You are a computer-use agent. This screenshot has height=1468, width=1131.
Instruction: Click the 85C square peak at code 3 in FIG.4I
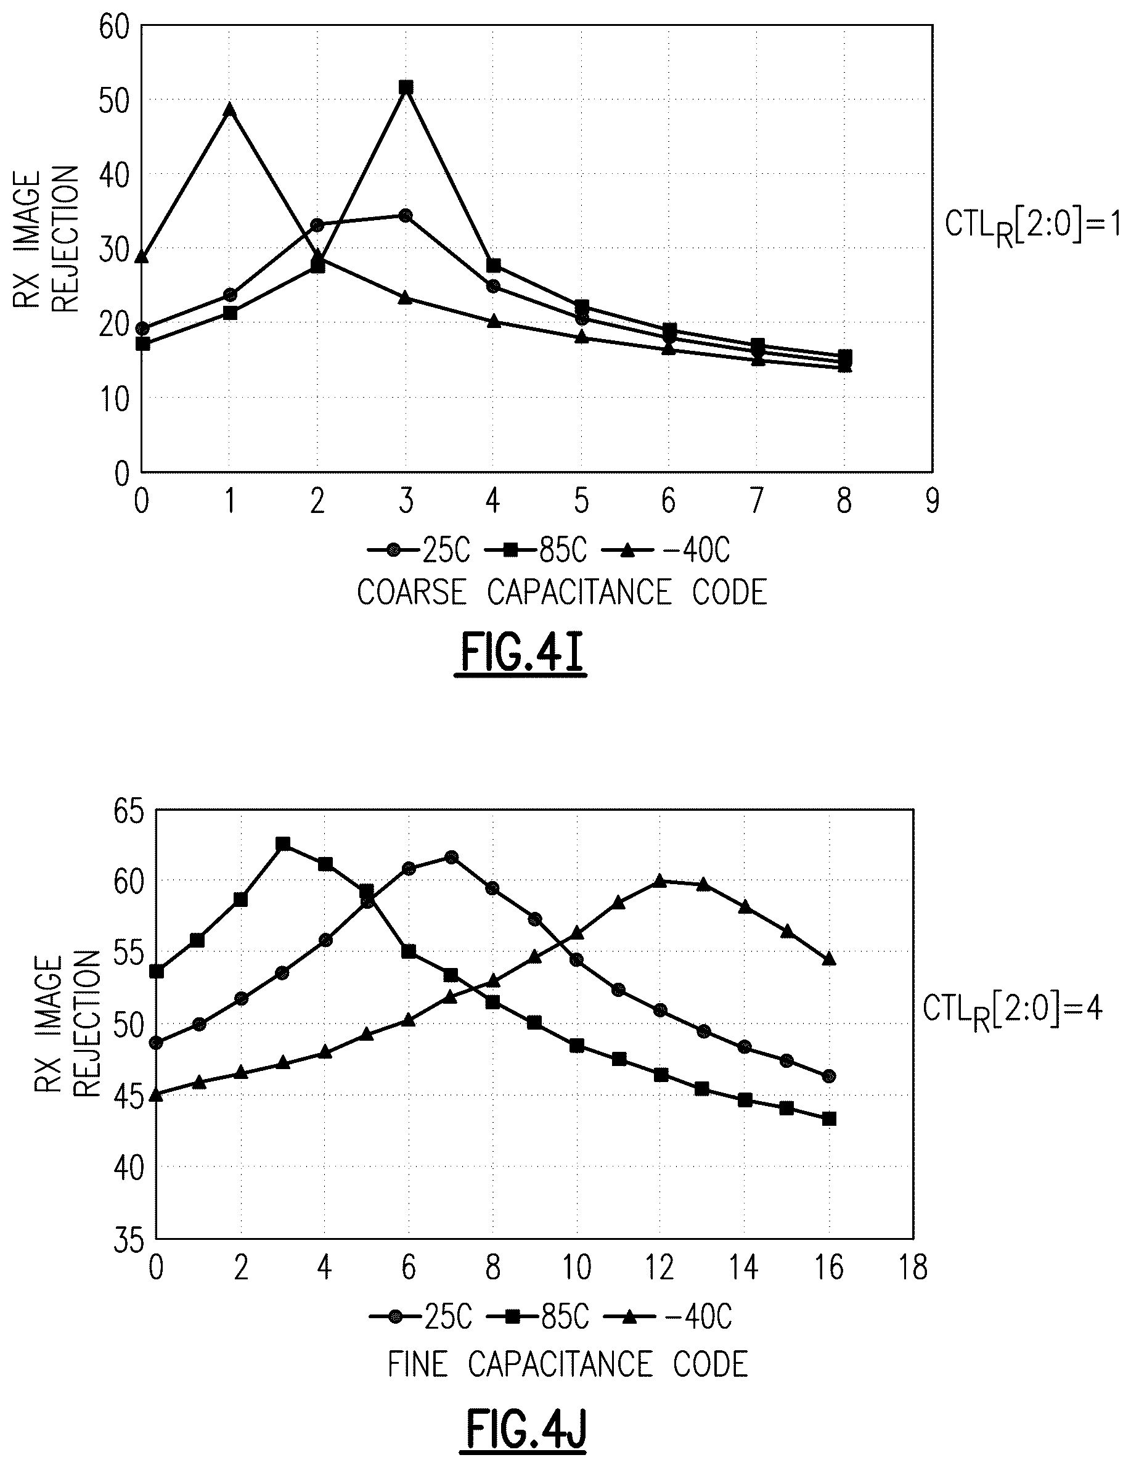406,88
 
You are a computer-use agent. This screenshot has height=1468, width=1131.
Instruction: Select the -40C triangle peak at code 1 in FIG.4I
230,109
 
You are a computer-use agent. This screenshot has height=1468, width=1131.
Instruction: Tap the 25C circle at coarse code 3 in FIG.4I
405,215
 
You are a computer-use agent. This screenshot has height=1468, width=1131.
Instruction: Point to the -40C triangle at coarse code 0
142,256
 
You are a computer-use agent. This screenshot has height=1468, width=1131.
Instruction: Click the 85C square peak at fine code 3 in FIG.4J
283,843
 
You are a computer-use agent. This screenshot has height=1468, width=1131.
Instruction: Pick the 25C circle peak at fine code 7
452,857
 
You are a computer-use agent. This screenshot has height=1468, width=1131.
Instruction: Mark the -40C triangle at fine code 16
829,959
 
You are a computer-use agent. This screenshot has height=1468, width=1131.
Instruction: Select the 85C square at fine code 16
829,1118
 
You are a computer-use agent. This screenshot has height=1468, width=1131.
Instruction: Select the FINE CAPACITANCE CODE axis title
568,1364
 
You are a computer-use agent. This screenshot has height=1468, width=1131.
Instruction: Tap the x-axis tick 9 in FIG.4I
931,501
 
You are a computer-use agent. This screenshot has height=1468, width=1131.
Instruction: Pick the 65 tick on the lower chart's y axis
128,812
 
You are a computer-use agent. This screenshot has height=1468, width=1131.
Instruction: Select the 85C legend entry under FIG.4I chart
535,551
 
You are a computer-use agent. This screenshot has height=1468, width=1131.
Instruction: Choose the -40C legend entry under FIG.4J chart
668,1317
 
